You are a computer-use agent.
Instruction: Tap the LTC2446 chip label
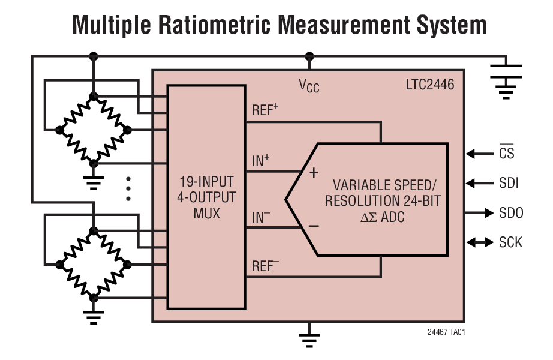[x=429, y=85]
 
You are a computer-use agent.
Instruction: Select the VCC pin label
[x=309, y=86]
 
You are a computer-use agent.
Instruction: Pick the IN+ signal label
[x=261, y=160]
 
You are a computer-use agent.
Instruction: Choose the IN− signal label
[x=261, y=218]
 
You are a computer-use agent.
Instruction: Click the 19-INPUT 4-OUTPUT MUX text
[x=206, y=197]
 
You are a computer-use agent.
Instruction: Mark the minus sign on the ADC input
[x=313, y=227]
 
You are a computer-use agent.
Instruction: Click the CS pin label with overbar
[x=506, y=154]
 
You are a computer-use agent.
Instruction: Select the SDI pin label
[x=509, y=183]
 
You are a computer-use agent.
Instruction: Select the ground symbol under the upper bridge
[x=93, y=181]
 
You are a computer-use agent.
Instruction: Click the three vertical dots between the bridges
[x=128, y=188]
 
